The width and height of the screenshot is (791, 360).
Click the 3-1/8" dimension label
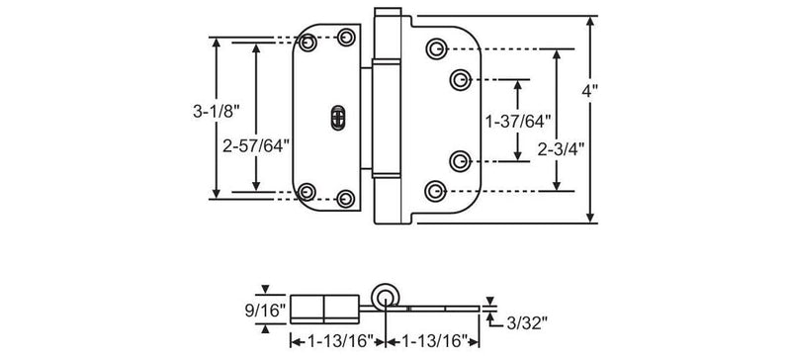215,112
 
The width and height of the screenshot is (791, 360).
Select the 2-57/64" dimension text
256,146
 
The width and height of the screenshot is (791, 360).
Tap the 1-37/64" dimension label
517,122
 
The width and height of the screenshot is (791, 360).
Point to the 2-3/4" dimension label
561,149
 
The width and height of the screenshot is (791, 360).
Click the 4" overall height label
589,91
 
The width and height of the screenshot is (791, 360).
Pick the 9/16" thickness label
265,311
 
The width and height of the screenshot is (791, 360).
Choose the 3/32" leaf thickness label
527,323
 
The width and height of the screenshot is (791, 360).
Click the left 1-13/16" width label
338,342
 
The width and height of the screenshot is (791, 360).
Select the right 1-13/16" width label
432,342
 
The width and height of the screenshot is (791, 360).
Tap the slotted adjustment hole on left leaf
337,118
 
